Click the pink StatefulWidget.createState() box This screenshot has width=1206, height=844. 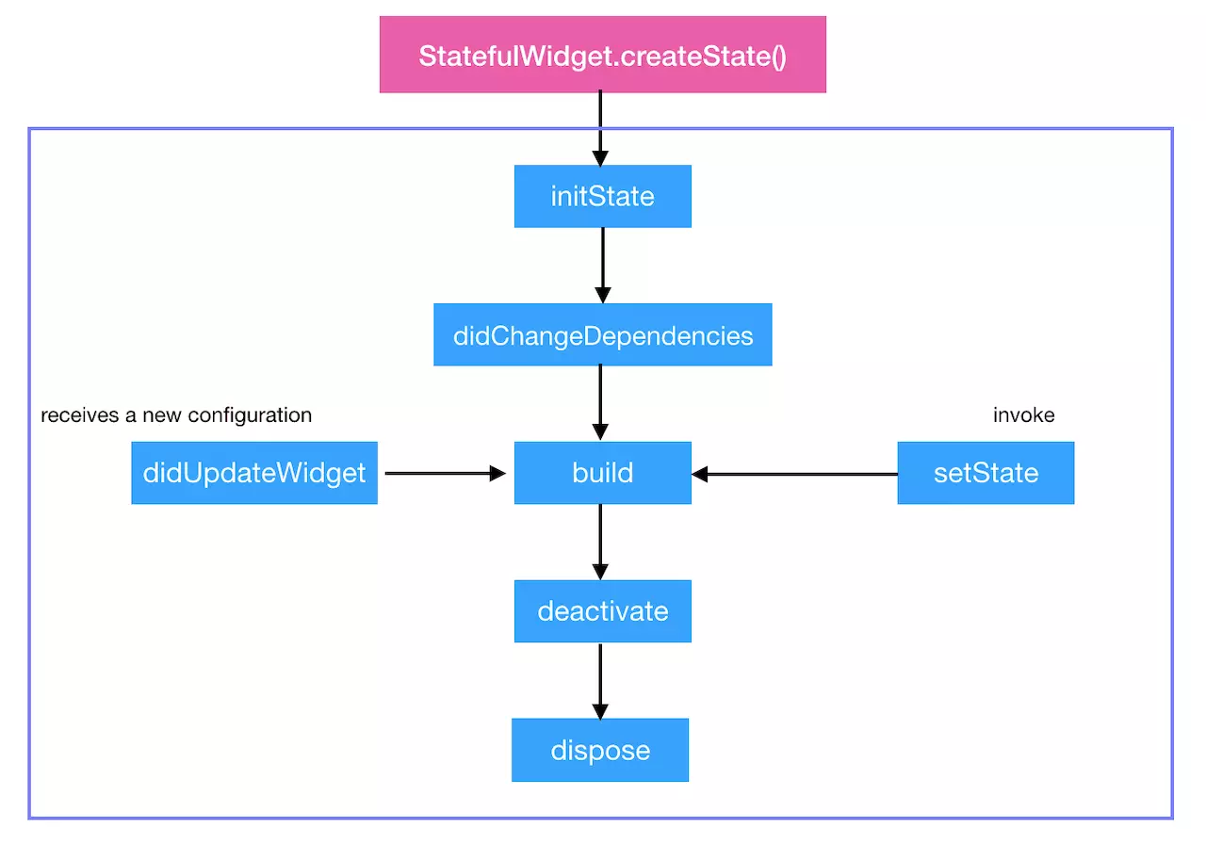[x=602, y=55]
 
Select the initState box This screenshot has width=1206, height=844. [x=602, y=196]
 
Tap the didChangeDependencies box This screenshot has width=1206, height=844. [x=602, y=335]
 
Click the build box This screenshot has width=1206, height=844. [x=602, y=473]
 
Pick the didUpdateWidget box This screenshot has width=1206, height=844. [x=253, y=473]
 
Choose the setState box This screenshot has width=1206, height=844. [x=985, y=473]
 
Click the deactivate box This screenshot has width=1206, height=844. [x=602, y=611]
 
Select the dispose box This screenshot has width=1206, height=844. [x=599, y=750]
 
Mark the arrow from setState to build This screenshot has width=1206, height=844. [x=795, y=474]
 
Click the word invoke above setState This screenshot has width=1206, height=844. [x=1023, y=415]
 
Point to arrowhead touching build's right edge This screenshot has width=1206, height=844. [x=700, y=474]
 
